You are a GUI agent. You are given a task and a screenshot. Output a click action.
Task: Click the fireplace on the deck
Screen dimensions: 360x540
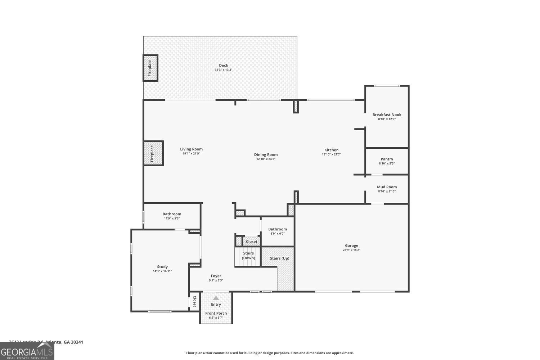pos(150,68)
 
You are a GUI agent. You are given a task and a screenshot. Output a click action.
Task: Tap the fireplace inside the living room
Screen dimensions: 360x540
pos(153,153)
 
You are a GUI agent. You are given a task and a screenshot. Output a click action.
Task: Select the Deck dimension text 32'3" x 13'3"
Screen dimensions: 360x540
pos(224,70)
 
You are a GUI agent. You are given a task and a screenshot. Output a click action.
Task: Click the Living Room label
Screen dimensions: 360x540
pos(191,149)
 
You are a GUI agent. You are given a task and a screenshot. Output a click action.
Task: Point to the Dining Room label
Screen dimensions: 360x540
pos(266,155)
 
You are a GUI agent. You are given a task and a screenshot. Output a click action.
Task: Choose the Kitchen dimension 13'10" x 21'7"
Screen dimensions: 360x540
pos(331,154)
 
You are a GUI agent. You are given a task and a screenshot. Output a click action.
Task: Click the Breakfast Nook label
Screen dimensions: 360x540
pos(387,115)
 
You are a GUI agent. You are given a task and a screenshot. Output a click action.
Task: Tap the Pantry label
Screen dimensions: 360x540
pos(387,159)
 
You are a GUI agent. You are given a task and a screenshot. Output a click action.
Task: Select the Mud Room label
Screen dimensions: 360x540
pos(387,187)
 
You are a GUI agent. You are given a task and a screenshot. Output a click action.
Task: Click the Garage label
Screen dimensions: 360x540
pos(351,246)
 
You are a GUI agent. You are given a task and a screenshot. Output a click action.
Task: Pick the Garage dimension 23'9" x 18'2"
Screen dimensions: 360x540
pos(351,250)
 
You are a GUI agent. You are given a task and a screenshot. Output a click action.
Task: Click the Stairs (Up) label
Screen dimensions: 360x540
pos(280,258)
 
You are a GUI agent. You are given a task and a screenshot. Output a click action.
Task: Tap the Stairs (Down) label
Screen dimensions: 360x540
pos(248,256)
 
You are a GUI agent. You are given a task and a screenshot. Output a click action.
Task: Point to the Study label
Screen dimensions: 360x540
pos(162,267)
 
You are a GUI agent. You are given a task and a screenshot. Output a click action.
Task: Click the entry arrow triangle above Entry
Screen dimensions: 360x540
pos(216,298)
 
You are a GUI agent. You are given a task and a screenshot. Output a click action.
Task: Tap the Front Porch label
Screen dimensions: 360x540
pos(216,313)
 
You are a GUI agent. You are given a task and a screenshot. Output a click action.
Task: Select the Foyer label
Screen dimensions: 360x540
pos(216,276)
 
